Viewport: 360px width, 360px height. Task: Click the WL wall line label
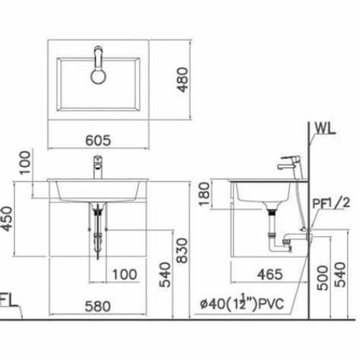coord(324,130)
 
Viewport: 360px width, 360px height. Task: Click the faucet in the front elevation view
coord(96,169)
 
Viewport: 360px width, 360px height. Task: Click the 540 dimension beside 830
coord(165,274)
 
